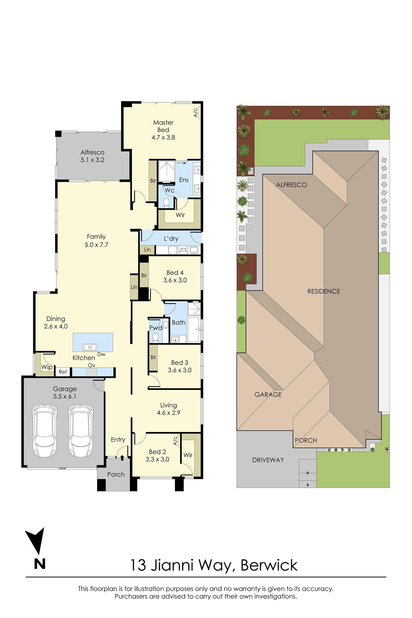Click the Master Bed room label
[x=163, y=126]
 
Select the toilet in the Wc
[x=166, y=202]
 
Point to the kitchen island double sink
[x=90, y=347]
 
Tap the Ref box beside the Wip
[x=63, y=372]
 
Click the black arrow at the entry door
[x=122, y=458]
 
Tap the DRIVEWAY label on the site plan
[x=268, y=460]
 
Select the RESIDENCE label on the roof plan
[x=323, y=291]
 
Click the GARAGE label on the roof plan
[x=268, y=394]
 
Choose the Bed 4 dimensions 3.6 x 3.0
[x=175, y=280]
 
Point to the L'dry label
[x=171, y=239]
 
